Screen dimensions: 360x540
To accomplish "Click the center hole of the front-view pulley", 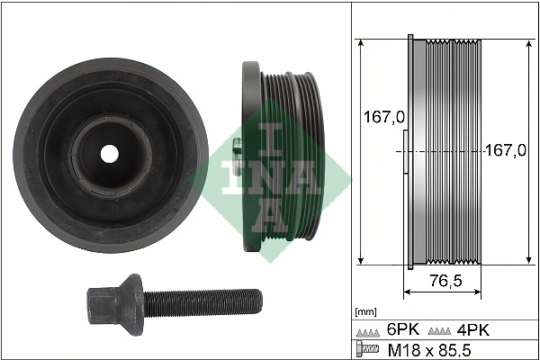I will coord(109,154).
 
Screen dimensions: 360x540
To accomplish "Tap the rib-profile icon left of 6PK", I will coord(366,330).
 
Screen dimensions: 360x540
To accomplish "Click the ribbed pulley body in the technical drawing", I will coord(450,151).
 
